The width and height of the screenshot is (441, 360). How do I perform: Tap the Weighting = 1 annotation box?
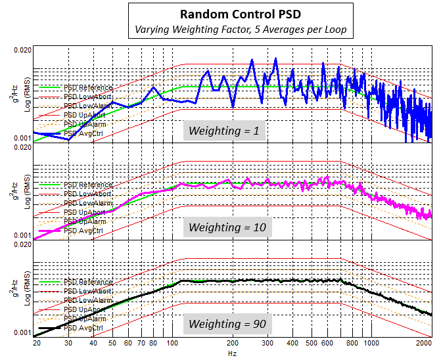pyautogui.click(x=224, y=131)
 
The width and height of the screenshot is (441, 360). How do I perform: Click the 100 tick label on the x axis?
pyautogui.click(x=172, y=343)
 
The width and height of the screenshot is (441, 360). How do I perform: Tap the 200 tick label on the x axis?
pyautogui.click(x=233, y=343)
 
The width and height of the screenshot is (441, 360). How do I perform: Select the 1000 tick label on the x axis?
pyautogui.click(x=371, y=343)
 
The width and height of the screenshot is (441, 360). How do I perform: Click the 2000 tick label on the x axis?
pyautogui.click(x=424, y=343)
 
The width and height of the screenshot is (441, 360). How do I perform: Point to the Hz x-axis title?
pyautogui.click(x=232, y=353)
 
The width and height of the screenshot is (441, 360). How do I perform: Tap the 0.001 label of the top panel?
pyautogui.click(x=22, y=138)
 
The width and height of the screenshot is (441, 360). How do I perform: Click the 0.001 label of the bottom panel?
pyautogui.click(x=22, y=332)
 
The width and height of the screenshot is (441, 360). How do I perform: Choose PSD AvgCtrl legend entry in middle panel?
pyautogui.click(x=83, y=231)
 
